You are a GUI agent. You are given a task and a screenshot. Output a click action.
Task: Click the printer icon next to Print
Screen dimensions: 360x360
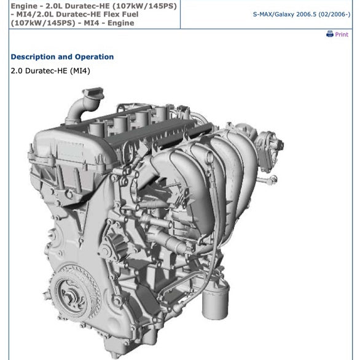pyautogui.click(x=330, y=34)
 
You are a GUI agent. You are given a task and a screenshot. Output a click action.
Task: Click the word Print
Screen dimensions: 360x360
pyautogui.click(x=342, y=35)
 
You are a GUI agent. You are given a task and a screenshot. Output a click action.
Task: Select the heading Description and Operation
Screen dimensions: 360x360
pyautogui.click(x=62, y=57)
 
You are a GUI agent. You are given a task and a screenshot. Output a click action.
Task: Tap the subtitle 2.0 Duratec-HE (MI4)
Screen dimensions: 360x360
pyautogui.click(x=50, y=71)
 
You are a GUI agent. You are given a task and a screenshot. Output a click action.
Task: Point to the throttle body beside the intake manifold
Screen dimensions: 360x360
pyautogui.click(x=270, y=139)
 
